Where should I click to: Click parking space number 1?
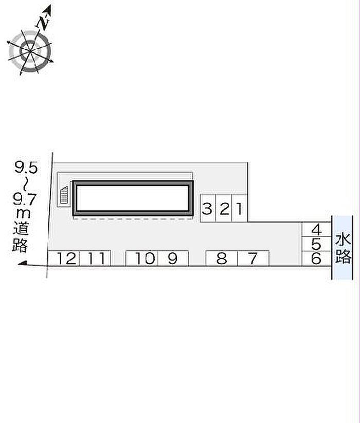240,208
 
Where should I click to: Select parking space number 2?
224,208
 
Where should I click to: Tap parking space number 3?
208,208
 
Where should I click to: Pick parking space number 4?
316,230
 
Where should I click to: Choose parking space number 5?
316,244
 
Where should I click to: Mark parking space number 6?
316,259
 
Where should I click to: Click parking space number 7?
253,259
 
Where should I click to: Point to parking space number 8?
222,259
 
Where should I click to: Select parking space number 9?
173,259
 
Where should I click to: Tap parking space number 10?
141,259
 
